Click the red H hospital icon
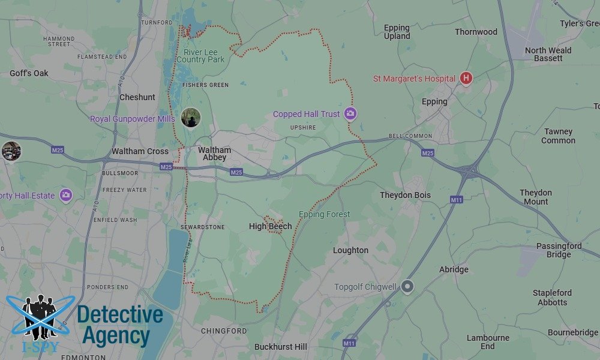click(x=466, y=79)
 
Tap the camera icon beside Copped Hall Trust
click(x=350, y=114)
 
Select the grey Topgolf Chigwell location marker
click(x=408, y=287)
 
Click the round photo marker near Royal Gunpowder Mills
click(x=191, y=118)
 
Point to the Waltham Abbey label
click(x=214, y=154)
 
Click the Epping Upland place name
click(x=397, y=32)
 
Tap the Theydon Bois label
click(x=405, y=195)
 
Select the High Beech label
click(x=271, y=226)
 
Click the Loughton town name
click(x=350, y=250)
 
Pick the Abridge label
click(x=454, y=269)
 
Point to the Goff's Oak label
click(x=29, y=73)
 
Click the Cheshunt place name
click(x=137, y=97)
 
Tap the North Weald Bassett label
click(x=548, y=54)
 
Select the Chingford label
click(x=224, y=331)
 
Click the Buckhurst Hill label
click(x=281, y=347)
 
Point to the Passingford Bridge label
click(x=559, y=250)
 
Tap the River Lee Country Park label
click(x=200, y=56)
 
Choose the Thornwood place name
click(x=476, y=32)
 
